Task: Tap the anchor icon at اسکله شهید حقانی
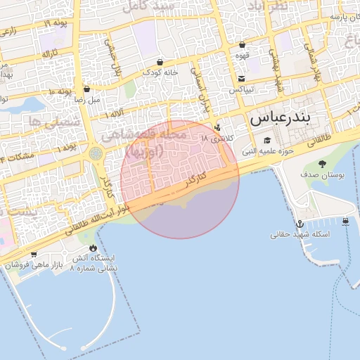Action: click(x=298, y=224)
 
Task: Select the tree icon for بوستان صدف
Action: click(x=322, y=164)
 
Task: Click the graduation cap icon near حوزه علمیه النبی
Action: click(x=267, y=139)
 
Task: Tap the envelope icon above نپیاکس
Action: click(x=242, y=79)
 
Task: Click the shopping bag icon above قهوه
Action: click(x=242, y=44)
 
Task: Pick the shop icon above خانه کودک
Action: click(x=160, y=61)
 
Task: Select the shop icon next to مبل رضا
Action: click(x=86, y=89)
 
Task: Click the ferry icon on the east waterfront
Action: click(x=345, y=221)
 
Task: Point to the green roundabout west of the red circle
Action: click(x=96, y=153)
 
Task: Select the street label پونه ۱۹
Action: click(x=55, y=24)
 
